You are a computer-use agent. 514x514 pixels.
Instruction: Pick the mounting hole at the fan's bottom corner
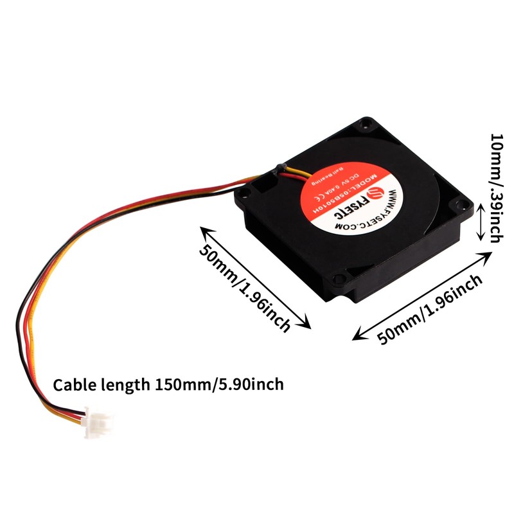point(339,280)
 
